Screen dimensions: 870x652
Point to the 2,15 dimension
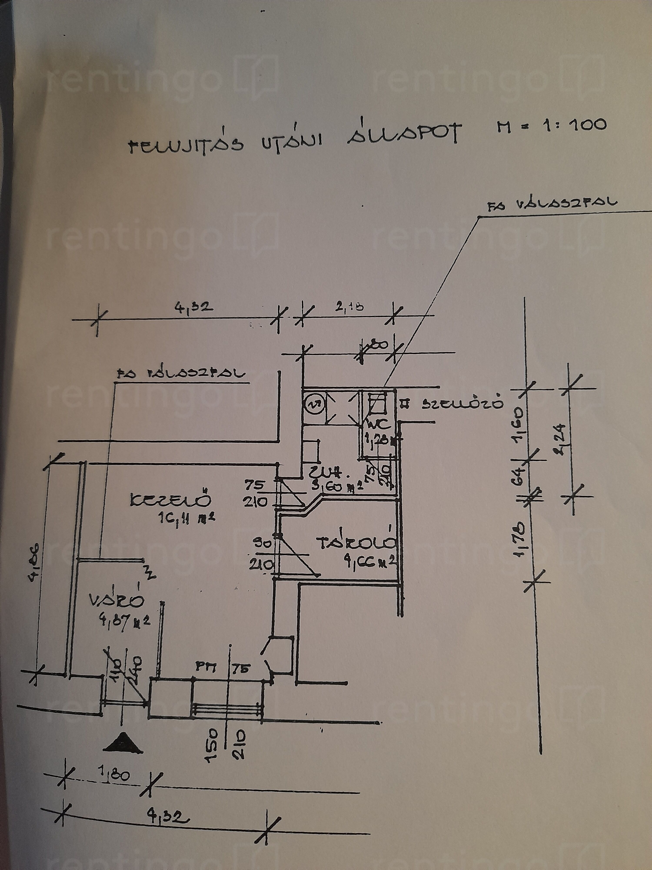[x=349, y=307]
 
